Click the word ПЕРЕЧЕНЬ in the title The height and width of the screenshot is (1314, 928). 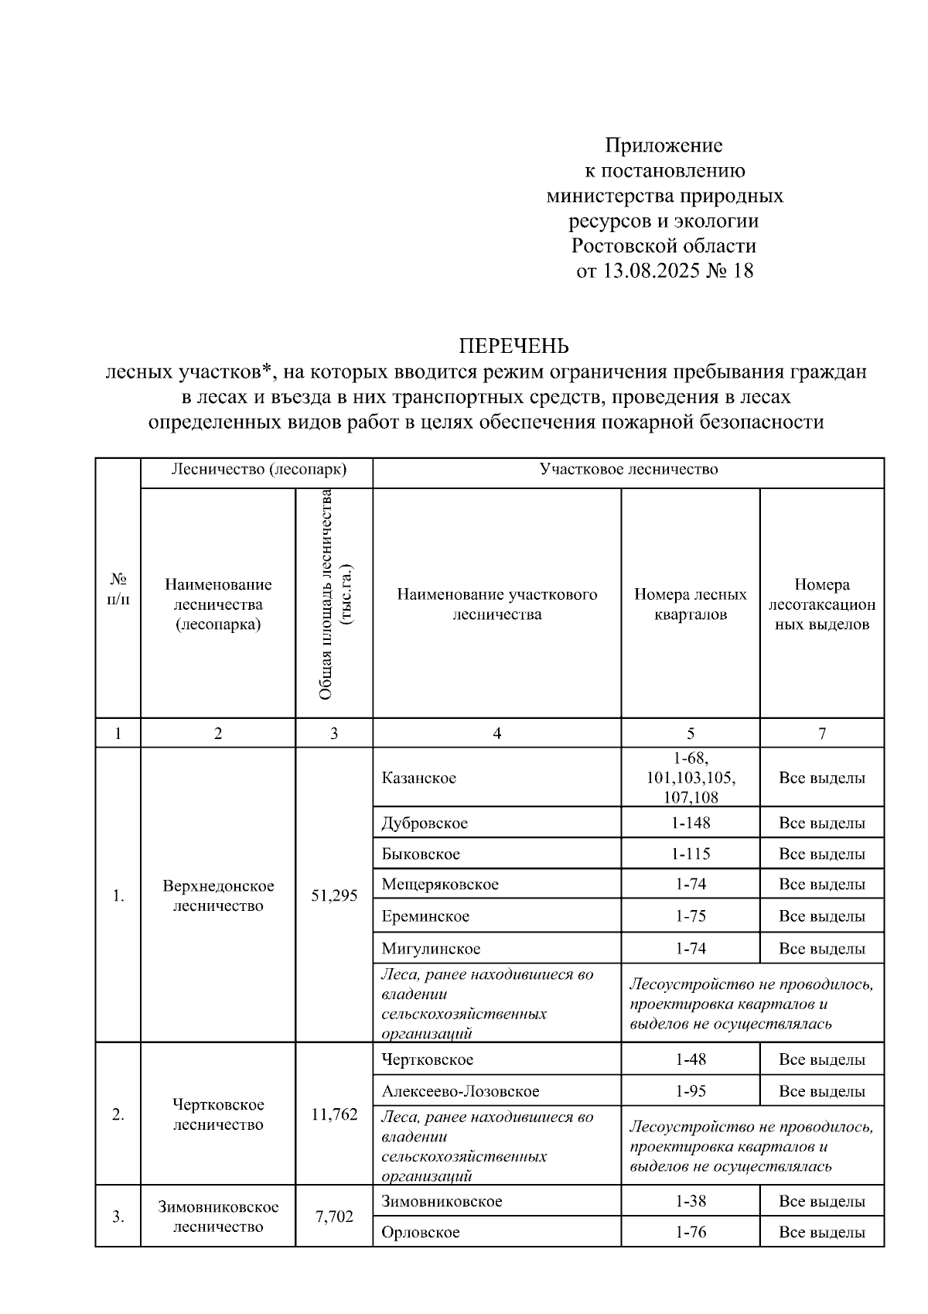click(x=514, y=345)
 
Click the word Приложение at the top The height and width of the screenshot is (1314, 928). click(x=664, y=145)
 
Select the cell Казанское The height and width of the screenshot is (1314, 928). click(x=418, y=778)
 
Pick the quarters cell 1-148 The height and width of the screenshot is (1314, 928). click(x=690, y=823)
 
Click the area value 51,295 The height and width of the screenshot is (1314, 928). click(x=334, y=895)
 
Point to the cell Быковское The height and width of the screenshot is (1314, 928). click(x=421, y=854)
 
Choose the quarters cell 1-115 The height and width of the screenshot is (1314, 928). click(x=690, y=854)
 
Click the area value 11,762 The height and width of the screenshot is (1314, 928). click(x=334, y=1114)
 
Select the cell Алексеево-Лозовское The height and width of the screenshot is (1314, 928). click(x=460, y=1091)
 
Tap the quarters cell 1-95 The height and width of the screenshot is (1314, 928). click(x=690, y=1091)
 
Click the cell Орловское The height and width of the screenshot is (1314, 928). click(x=421, y=1232)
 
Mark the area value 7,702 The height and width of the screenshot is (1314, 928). click(x=334, y=1216)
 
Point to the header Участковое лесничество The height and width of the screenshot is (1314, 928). click(x=628, y=470)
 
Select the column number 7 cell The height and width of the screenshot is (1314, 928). click(x=821, y=734)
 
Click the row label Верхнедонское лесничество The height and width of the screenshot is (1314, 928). click(x=218, y=895)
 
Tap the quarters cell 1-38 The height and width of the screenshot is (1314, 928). click(x=690, y=1202)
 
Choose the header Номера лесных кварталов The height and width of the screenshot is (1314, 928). click(x=690, y=604)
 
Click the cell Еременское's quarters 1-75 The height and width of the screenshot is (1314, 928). click(x=690, y=916)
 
